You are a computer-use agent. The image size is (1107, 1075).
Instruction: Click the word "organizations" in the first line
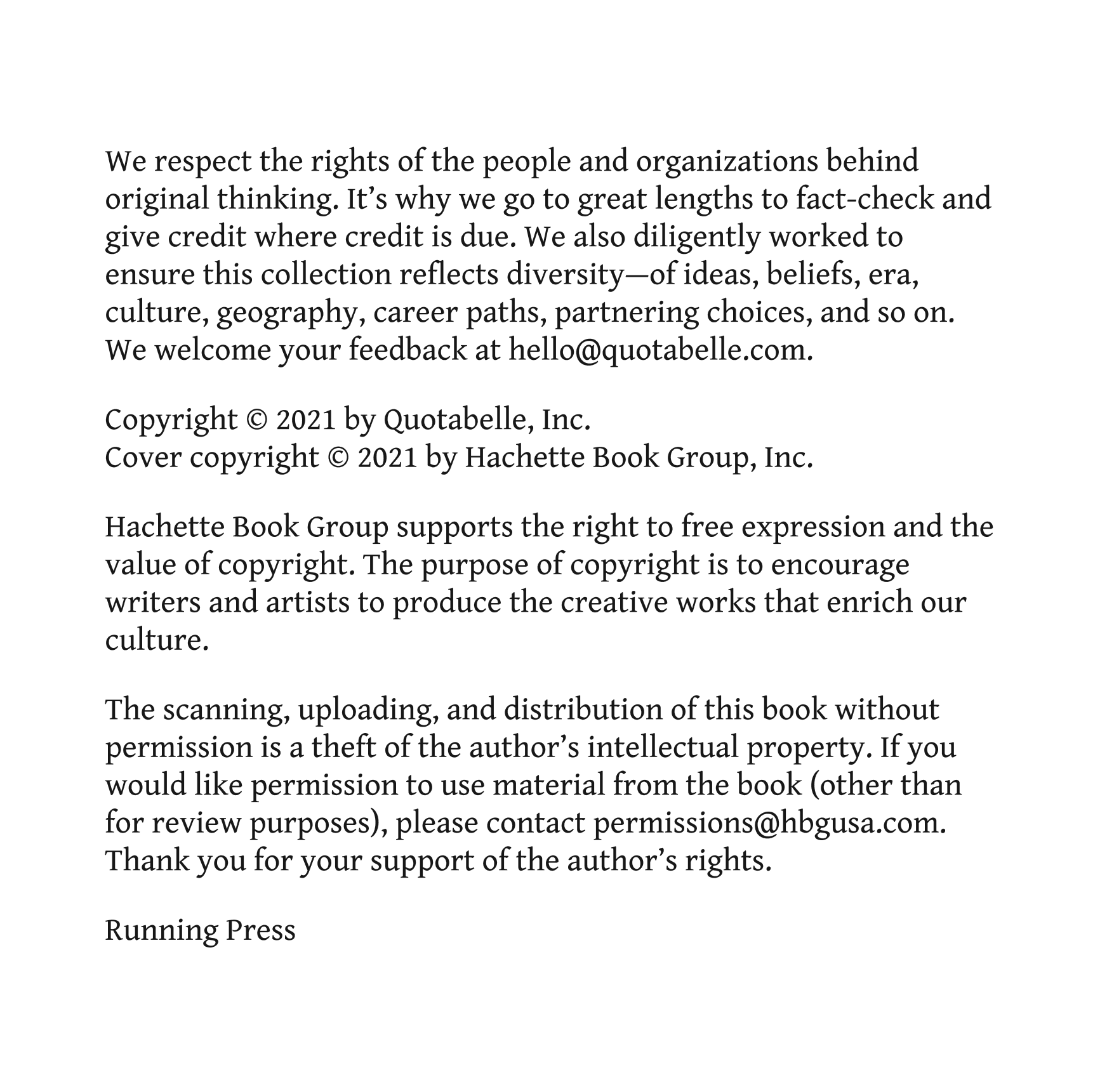click(x=726, y=162)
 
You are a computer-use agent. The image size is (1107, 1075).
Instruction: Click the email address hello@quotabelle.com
click(x=660, y=350)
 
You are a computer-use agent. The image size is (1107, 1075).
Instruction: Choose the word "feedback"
click(x=407, y=350)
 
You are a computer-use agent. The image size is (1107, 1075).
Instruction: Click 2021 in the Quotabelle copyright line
click(x=305, y=419)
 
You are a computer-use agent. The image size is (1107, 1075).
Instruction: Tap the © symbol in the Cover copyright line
click(x=338, y=458)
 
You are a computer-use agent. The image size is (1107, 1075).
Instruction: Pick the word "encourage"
click(x=840, y=565)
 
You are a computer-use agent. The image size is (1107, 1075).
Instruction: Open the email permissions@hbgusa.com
click(x=769, y=823)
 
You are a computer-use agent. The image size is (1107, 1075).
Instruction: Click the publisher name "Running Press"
click(x=200, y=930)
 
